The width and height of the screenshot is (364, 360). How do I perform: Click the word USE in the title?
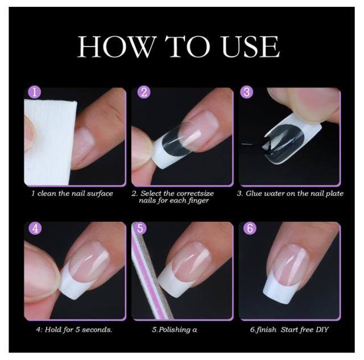pyautogui.click(x=250, y=47)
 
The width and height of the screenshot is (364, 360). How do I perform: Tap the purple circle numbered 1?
pyautogui.click(x=34, y=92)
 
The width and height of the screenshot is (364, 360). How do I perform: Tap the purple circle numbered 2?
pyautogui.click(x=144, y=92)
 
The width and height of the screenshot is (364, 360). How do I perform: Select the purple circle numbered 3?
pyautogui.click(x=247, y=92)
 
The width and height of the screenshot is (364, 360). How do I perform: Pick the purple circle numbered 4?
pyautogui.click(x=35, y=228)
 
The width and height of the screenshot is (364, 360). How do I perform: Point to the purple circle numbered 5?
pyautogui.click(x=140, y=228)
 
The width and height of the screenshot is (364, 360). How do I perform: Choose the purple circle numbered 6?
pyautogui.click(x=250, y=228)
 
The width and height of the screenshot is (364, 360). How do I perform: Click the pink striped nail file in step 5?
pyautogui.click(x=151, y=272)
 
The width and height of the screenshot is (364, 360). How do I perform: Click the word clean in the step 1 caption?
pyautogui.click(x=47, y=193)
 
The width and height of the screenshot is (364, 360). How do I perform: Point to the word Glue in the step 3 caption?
pyautogui.click(x=254, y=193)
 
